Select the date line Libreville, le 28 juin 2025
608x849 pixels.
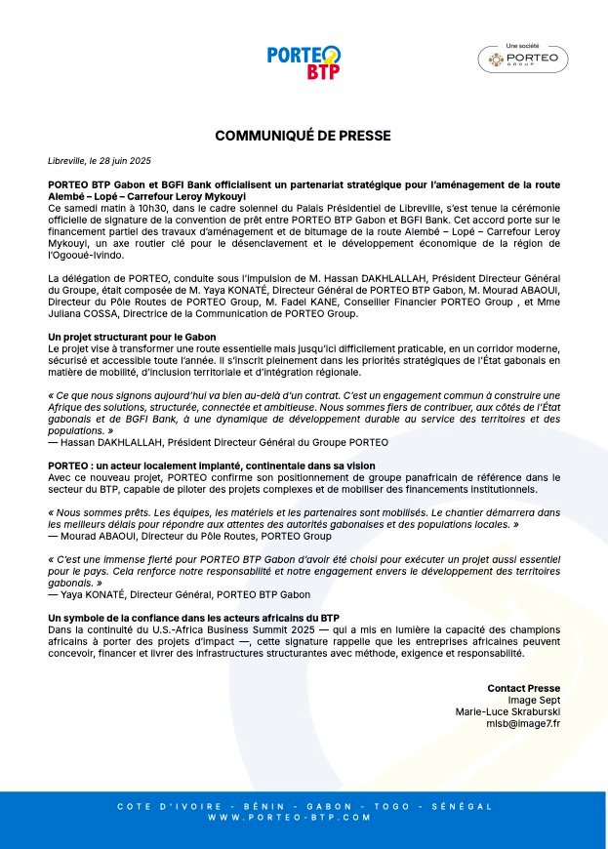[100, 160]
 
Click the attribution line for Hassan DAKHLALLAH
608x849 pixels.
[218, 442]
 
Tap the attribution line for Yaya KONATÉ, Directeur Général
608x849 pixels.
[179, 593]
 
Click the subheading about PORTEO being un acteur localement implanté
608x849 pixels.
[211, 465]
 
